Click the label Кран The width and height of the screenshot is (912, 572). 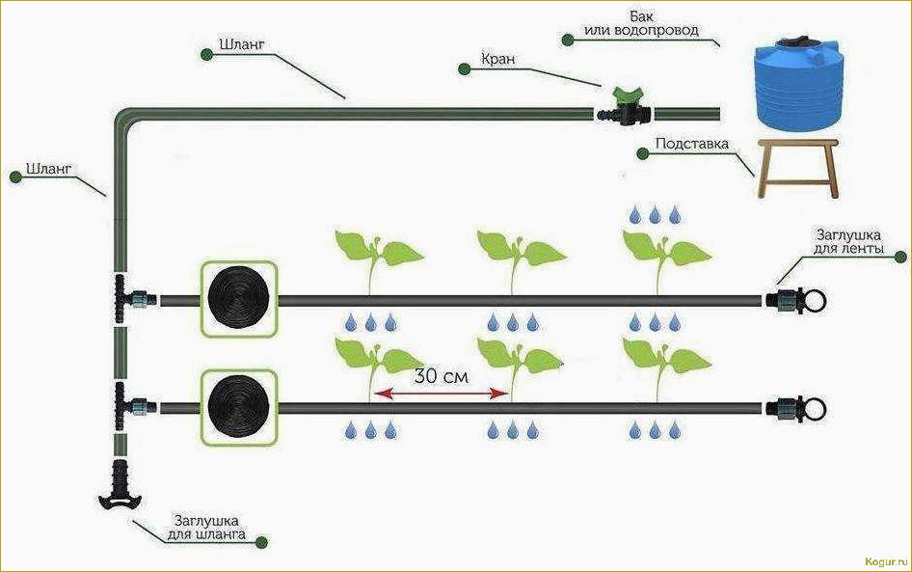(x=498, y=60)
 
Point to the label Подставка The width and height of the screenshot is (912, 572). (x=691, y=145)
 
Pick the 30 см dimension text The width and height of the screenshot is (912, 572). (x=442, y=376)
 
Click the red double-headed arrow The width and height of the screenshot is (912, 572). (x=442, y=394)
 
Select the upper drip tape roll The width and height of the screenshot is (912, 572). (x=238, y=298)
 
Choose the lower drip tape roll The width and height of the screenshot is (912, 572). (x=238, y=406)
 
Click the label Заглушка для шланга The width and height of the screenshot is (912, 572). (x=209, y=527)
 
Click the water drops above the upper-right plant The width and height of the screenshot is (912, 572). (x=655, y=212)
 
